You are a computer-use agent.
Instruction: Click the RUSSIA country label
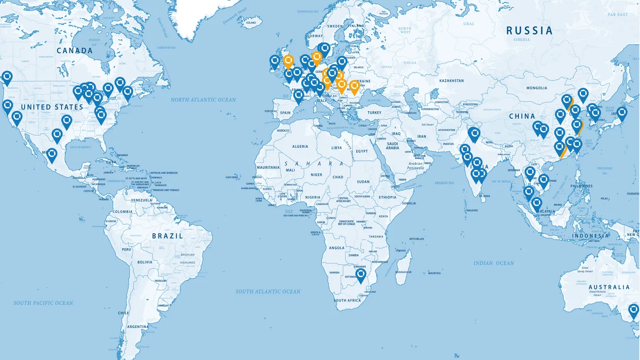point(530,31)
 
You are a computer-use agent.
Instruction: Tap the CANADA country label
point(75,51)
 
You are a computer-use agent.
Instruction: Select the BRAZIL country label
point(167,236)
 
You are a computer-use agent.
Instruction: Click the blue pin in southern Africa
point(361,274)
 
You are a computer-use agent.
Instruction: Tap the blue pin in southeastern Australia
point(634,311)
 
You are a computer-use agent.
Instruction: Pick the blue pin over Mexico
point(52,155)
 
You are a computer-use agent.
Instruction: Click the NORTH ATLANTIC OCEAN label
point(203,100)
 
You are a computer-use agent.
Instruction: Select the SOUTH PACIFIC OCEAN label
point(43,303)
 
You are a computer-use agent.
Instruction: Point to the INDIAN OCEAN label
point(494,263)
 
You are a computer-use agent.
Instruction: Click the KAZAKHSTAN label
point(451,80)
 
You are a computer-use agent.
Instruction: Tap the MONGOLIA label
point(537,88)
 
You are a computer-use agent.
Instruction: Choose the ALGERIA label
point(300,146)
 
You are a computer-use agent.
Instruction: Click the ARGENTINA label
point(138,327)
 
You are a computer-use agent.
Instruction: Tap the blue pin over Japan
point(622,113)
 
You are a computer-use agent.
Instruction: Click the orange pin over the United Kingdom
point(289,61)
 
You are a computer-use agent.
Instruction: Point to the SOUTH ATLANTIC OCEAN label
point(268,292)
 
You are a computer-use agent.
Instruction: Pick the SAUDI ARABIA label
point(392,145)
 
